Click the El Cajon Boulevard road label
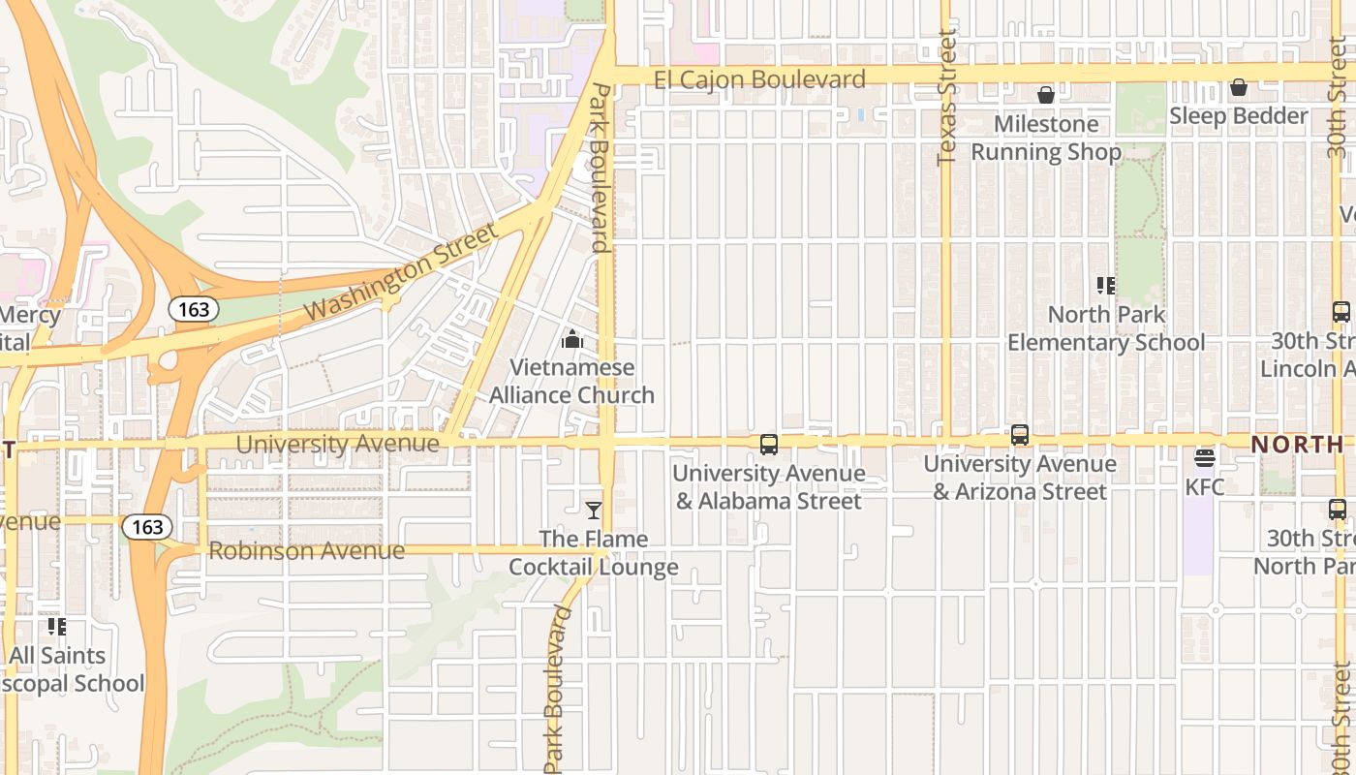[759, 79]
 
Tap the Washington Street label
[400, 273]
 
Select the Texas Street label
[946, 97]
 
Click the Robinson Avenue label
[306, 551]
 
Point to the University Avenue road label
[337, 445]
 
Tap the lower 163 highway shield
[147, 527]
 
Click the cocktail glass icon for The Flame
[594, 511]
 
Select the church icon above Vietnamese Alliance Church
[572, 340]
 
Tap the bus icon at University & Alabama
[769, 445]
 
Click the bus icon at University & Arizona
[1020, 435]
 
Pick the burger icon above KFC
[1205, 457]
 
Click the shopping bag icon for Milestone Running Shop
[1046, 95]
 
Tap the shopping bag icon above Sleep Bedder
[1238, 88]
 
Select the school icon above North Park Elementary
[1106, 286]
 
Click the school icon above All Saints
[57, 627]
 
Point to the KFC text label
[1205, 486]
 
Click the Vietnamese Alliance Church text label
[571, 382]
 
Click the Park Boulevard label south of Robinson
[555, 690]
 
